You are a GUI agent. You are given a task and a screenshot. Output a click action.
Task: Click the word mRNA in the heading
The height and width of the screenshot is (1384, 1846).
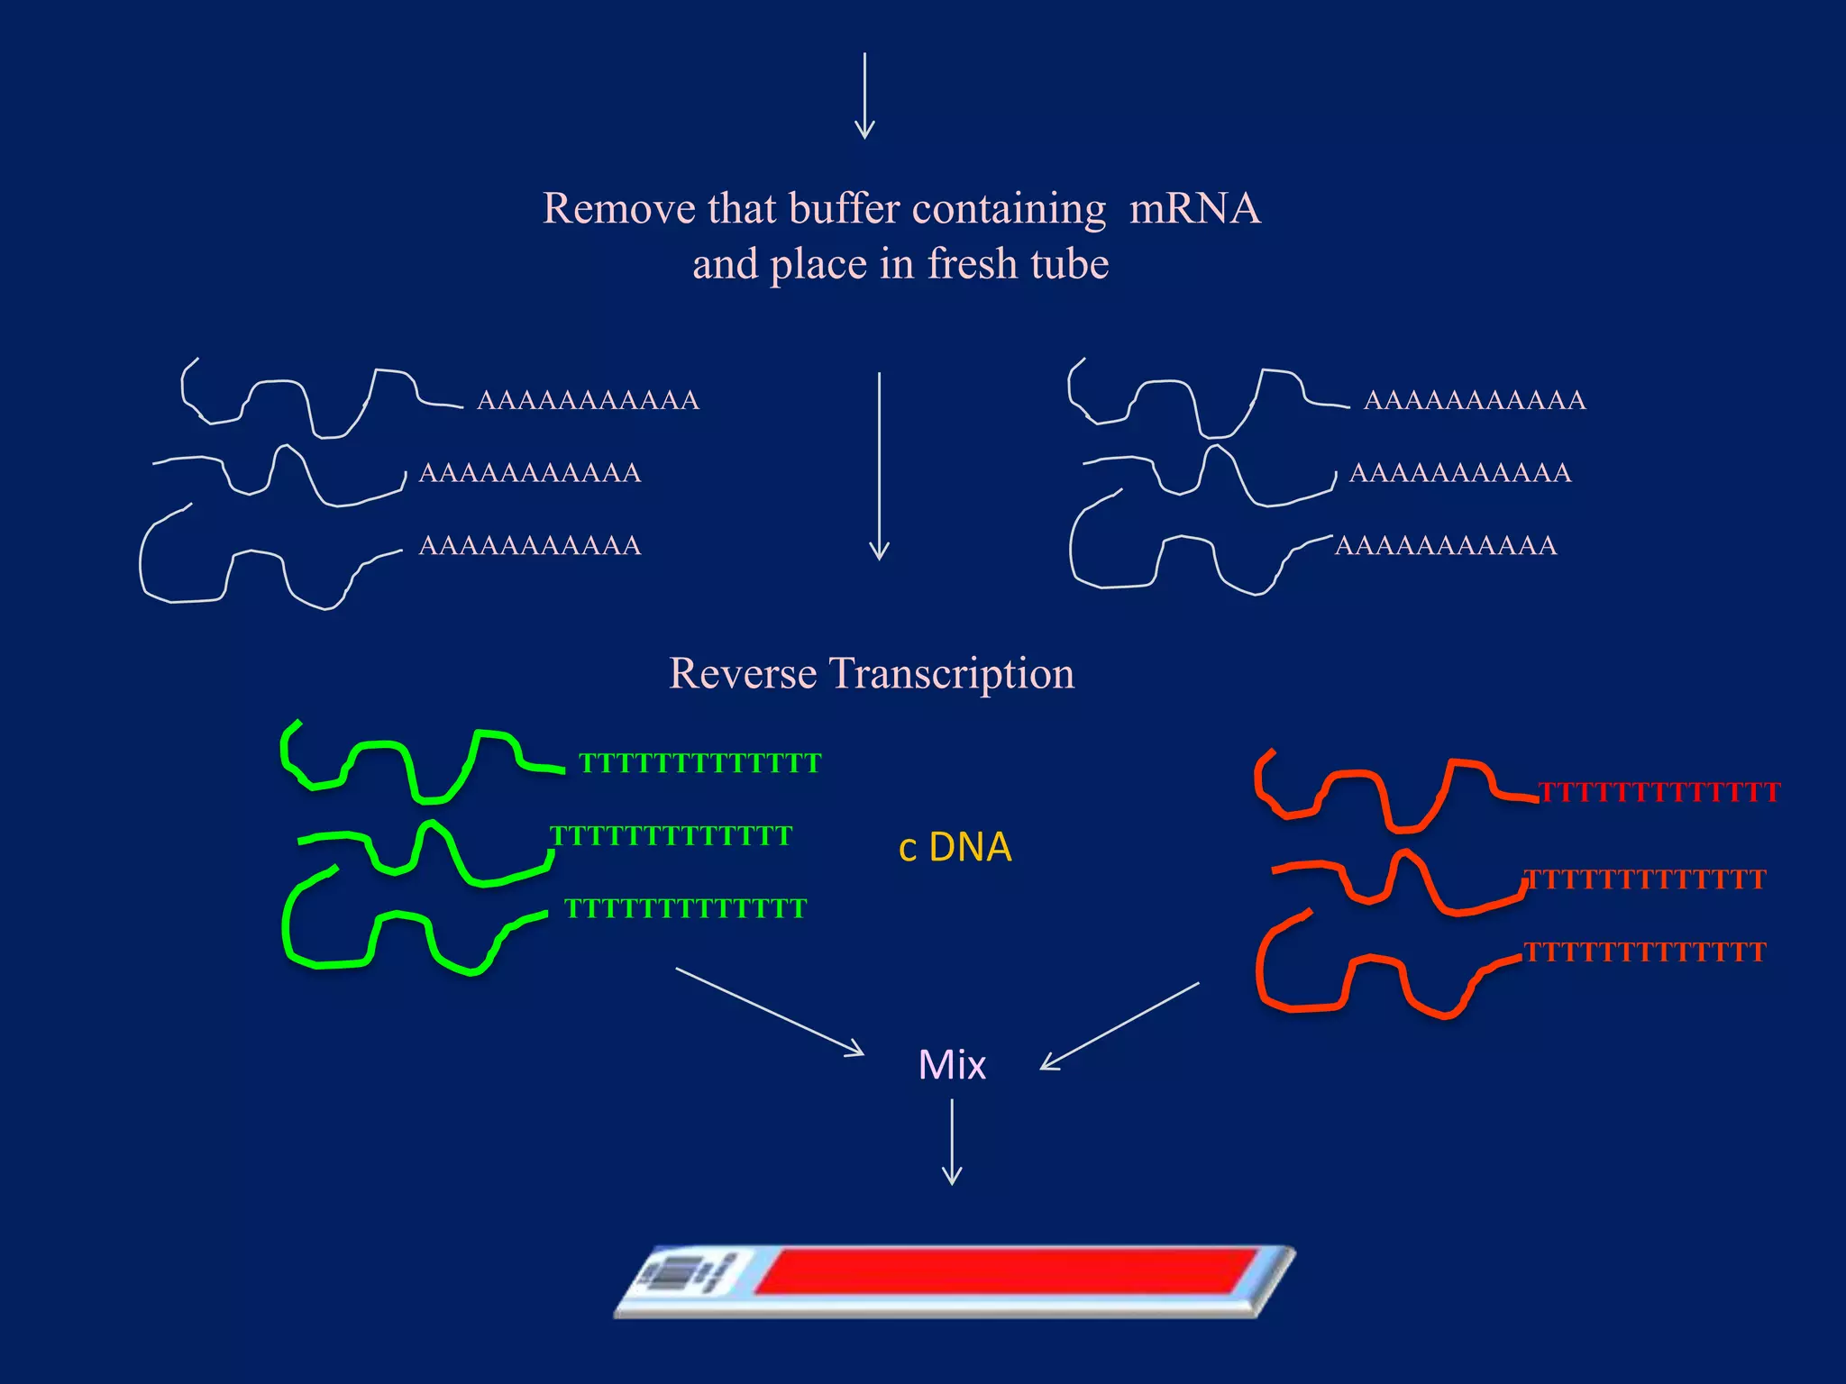1194,209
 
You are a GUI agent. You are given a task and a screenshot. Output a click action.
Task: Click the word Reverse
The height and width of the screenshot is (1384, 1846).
743,674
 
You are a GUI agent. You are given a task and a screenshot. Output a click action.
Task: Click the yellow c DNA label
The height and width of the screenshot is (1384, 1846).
955,847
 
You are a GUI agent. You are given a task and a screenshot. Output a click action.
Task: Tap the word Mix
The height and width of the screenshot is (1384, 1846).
952,1065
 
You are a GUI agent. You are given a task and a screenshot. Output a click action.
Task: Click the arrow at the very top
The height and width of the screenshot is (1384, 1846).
864,96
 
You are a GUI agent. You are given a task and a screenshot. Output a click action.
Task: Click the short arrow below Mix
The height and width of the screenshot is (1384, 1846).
952,1142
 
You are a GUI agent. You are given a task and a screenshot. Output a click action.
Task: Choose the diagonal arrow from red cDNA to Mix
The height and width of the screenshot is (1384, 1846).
1120,1025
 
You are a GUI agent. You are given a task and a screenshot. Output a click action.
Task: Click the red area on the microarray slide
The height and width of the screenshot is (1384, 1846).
1001,1270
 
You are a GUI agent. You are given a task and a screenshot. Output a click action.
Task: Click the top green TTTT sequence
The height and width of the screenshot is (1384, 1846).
699,764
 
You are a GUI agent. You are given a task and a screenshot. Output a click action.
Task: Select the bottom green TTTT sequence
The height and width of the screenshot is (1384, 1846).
685,908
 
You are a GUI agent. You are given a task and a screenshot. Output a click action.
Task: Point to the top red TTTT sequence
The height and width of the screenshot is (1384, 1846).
1659,793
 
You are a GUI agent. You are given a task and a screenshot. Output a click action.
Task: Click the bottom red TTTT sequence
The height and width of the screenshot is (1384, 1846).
1644,952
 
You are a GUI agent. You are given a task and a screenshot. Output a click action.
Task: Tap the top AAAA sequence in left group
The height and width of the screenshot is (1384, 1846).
588,400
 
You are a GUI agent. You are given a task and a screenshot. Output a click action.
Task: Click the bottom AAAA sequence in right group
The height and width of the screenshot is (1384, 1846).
1446,546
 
